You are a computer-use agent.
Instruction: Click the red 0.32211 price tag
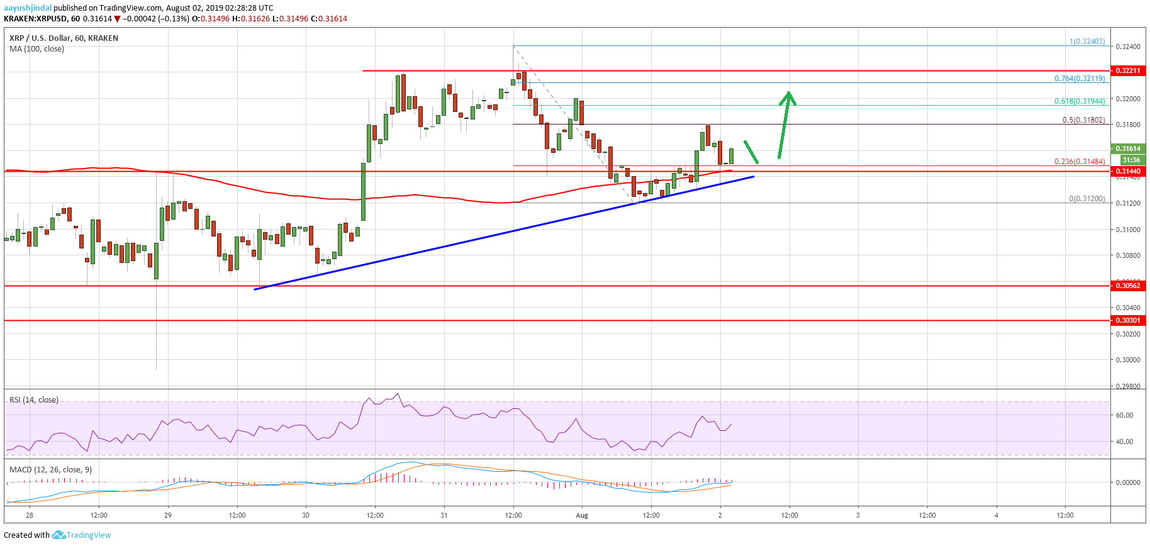[1127, 70]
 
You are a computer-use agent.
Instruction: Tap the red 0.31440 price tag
[1127, 171]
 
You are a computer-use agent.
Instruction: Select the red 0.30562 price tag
[1127, 286]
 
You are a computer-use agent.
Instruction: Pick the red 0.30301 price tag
[1127, 320]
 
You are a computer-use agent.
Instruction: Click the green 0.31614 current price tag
[1127, 148]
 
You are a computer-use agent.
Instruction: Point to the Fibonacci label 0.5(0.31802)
[1083, 120]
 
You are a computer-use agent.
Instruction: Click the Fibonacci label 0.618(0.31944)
[1080, 101]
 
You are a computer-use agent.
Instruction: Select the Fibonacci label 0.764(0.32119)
[1080, 79]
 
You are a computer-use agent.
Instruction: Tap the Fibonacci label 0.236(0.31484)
[1080, 161]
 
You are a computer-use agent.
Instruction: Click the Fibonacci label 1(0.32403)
[1087, 42]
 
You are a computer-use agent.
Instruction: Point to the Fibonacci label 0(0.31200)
[1087, 198]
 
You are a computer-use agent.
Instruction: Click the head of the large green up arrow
[788, 97]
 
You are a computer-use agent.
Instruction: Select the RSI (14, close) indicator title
[34, 400]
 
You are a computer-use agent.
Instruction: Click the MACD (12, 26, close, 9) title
[50, 469]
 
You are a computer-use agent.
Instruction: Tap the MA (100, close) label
[36, 48]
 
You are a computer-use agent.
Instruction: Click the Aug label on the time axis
[582, 515]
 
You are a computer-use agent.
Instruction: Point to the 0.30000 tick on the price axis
[1127, 360]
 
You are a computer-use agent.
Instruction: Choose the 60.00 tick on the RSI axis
[1124, 415]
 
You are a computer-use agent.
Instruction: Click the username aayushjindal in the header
[28, 8]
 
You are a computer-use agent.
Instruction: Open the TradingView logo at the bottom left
[82, 535]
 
